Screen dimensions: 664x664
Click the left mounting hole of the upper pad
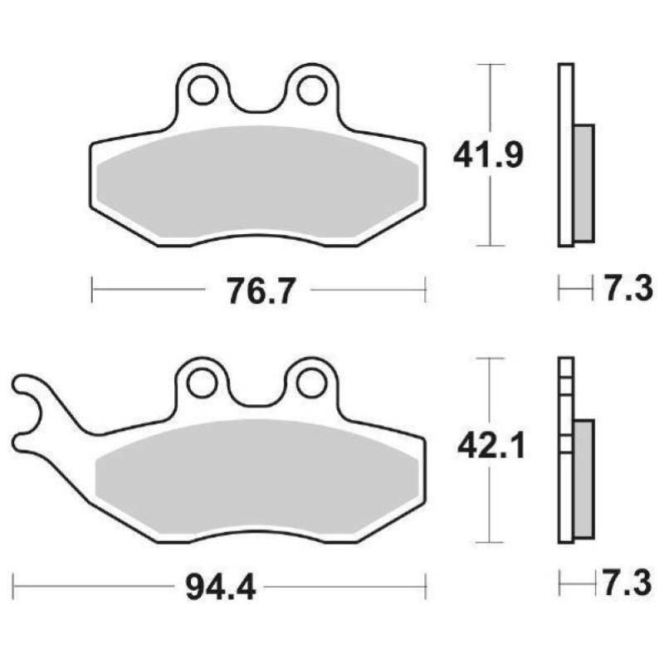pyautogui.click(x=200, y=89)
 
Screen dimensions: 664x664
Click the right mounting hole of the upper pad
pyautogui.click(x=312, y=89)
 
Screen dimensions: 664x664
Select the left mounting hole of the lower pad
pyautogui.click(x=200, y=383)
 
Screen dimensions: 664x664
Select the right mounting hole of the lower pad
pyautogui.click(x=312, y=383)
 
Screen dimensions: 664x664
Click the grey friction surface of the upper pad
pyautogui.click(x=256, y=183)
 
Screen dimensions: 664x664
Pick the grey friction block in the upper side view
pyautogui.click(x=584, y=183)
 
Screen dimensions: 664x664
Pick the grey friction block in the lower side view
pyautogui.click(x=584, y=478)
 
